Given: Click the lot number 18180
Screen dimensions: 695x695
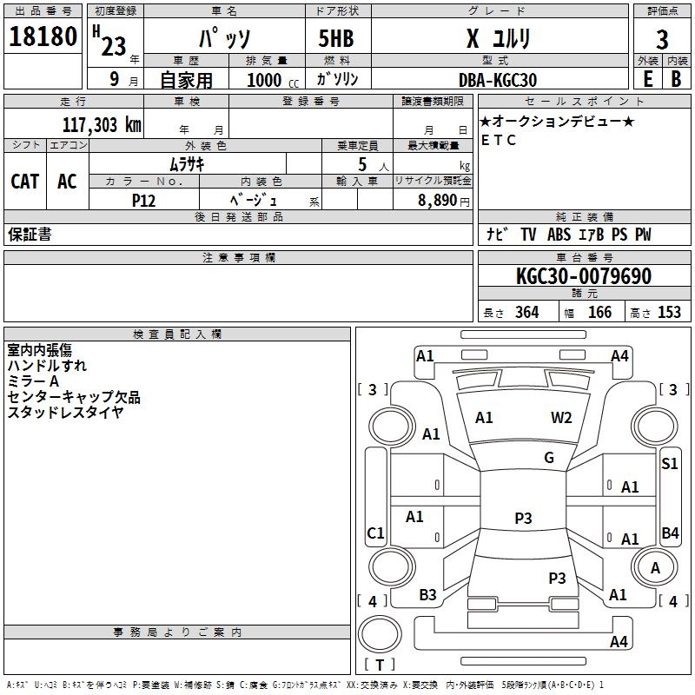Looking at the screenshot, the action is [x=43, y=36].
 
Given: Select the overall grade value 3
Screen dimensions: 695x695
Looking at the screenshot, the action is [x=662, y=39].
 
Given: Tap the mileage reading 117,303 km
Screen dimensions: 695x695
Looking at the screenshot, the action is [x=102, y=125].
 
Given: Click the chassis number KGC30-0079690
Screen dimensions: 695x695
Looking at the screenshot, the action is [x=584, y=276].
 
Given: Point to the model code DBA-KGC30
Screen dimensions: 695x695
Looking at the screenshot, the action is [x=498, y=80].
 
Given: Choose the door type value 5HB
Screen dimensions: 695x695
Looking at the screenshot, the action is [x=336, y=38].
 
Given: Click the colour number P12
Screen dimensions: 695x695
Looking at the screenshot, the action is [x=143, y=201].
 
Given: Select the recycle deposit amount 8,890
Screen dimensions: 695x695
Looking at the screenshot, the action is [x=438, y=201].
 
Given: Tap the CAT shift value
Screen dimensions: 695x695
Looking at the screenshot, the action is [x=25, y=182].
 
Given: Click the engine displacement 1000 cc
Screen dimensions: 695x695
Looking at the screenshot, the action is [x=273, y=80].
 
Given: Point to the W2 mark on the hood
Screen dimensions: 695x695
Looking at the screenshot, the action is [x=561, y=418].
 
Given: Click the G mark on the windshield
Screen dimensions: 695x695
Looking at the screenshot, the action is [x=549, y=458].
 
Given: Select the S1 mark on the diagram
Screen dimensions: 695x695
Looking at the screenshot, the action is [x=669, y=464].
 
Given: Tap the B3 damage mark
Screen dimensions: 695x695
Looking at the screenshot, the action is [x=427, y=595].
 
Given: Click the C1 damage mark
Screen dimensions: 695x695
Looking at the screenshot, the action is [x=375, y=533].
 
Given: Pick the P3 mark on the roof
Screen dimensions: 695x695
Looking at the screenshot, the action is [x=523, y=518].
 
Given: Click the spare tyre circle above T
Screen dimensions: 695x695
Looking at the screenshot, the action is [x=380, y=634].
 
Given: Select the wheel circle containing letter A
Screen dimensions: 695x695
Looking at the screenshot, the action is [x=655, y=567].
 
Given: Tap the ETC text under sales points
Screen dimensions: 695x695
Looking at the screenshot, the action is [x=498, y=140].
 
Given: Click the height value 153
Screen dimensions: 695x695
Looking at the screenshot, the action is [x=669, y=313].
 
